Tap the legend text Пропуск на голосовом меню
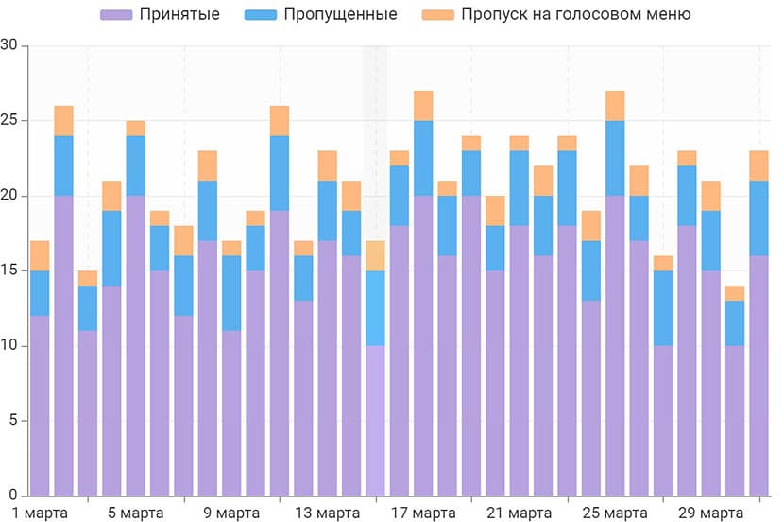pos(575,14)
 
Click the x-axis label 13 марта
pos(327,513)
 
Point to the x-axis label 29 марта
pos(710,513)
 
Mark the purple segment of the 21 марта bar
pos(519,360)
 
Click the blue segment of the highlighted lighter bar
pos(375,308)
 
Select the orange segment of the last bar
pos(758,165)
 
